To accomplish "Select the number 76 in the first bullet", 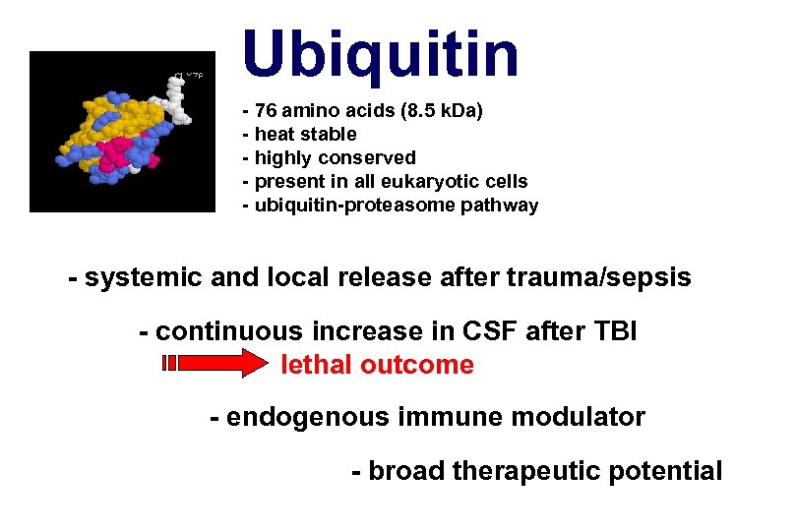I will tap(267, 110).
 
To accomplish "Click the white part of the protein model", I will tap(178, 99).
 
